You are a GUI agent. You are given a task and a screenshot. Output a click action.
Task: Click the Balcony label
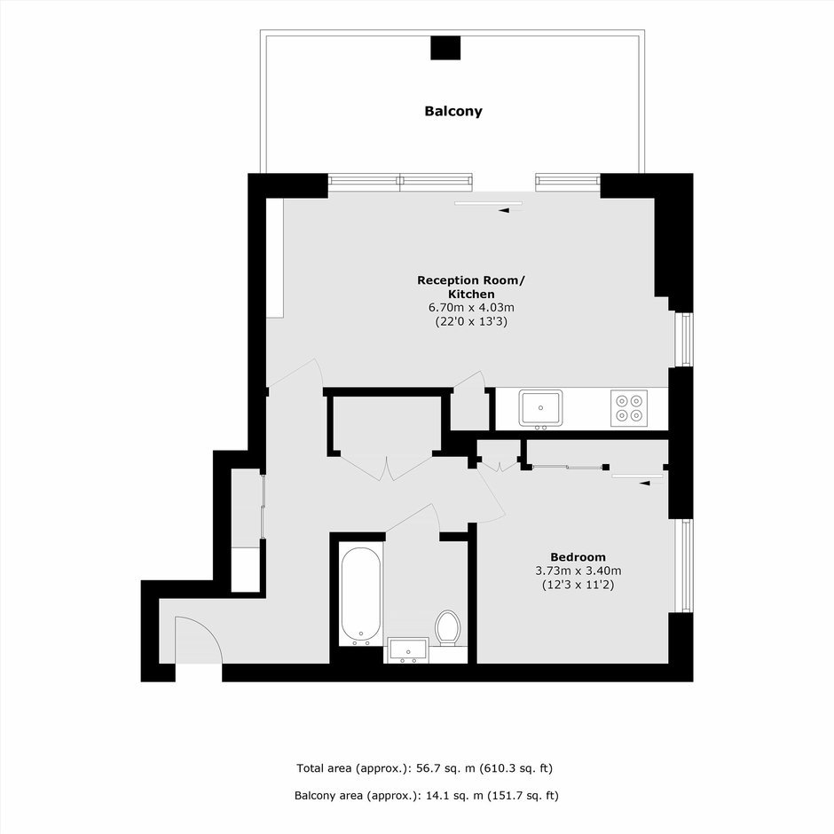453,111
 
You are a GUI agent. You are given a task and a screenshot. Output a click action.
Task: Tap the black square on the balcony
445,48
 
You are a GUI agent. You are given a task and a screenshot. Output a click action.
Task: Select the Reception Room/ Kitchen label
471,287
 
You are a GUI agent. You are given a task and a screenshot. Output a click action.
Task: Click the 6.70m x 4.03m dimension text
471,308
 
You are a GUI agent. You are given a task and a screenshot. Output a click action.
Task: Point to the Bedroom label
578,557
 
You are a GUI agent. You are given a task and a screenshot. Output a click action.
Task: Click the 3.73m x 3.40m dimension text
578,570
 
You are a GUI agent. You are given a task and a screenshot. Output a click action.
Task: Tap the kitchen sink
540,408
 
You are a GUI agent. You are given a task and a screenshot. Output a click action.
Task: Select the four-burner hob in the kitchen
629,408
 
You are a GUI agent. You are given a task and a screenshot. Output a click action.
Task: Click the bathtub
360,595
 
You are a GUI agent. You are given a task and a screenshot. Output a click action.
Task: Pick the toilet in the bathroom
447,628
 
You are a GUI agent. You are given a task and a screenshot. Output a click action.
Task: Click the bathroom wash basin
408,650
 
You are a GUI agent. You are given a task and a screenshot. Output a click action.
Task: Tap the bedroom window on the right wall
686,565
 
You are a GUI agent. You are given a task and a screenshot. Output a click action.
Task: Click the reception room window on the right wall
686,339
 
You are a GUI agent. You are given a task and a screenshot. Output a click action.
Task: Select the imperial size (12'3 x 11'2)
578,585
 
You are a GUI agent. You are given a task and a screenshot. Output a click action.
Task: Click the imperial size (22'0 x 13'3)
471,321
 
